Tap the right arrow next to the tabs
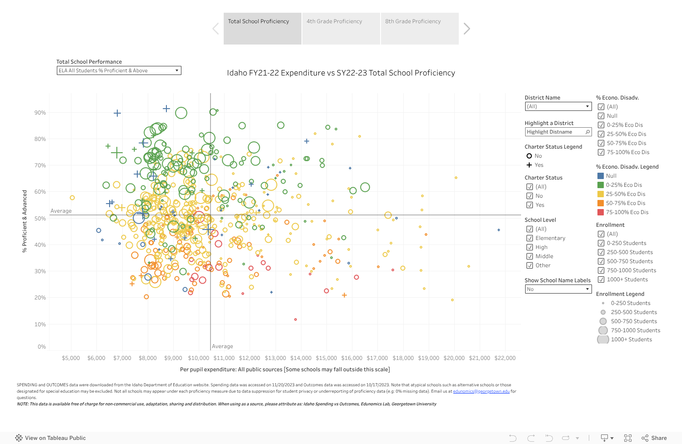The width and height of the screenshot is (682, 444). (466, 29)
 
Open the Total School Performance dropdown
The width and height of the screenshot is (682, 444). (119, 70)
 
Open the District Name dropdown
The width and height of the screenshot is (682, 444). (558, 106)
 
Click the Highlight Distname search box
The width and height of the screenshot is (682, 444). (555, 132)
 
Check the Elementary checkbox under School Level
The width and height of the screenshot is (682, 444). (530, 238)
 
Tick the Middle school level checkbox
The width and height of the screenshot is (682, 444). (530, 256)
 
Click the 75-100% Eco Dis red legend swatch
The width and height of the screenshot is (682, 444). (601, 212)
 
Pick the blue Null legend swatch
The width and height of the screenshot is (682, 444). (601, 176)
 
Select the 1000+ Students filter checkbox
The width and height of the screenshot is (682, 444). (601, 279)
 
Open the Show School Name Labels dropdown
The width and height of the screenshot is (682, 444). (558, 289)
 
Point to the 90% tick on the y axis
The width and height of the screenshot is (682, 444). (40, 113)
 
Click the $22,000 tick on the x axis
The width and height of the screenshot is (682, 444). (505, 358)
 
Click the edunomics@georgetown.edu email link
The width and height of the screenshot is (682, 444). (481, 391)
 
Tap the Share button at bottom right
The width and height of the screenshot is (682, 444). (654, 438)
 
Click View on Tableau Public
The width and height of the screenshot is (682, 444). (50, 438)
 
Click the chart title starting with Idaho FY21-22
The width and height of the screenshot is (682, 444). (341, 73)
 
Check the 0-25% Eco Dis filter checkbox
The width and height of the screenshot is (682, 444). (601, 125)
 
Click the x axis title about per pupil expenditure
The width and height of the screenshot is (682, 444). (285, 369)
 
